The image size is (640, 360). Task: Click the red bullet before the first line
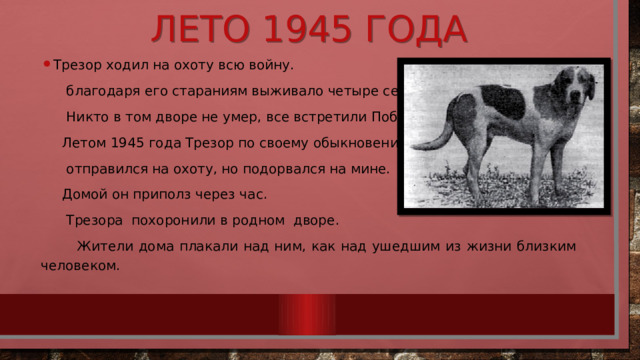46,65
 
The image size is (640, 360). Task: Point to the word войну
267,67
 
